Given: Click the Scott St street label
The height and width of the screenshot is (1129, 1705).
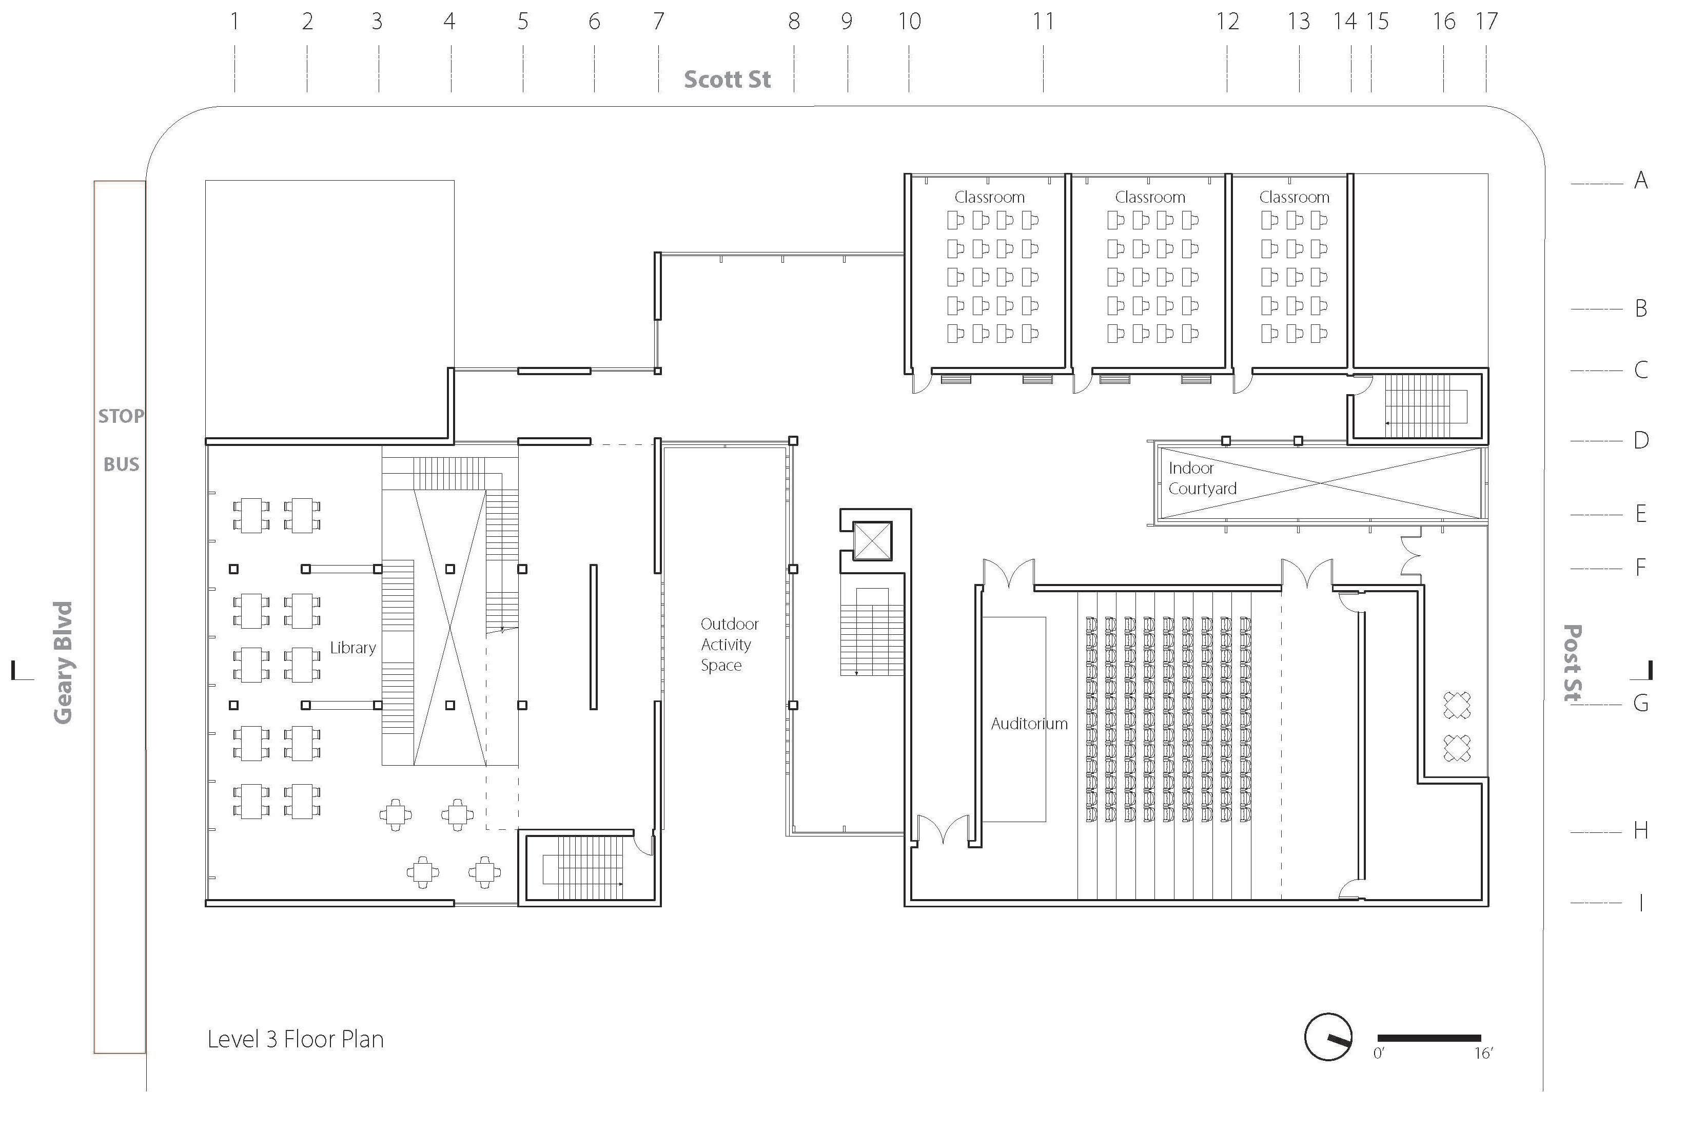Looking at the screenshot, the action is (727, 79).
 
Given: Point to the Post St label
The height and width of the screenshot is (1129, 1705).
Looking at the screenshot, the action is (1573, 663).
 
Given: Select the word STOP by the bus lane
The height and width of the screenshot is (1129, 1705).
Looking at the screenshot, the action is (121, 416).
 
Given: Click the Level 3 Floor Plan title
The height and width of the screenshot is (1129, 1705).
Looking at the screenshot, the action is (295, 1039).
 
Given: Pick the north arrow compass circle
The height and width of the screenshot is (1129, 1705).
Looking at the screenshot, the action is (1327, 1037).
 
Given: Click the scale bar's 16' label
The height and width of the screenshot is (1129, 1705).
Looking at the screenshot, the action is (1483, 1054).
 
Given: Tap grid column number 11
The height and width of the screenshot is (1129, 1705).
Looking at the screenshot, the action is (1043, 22).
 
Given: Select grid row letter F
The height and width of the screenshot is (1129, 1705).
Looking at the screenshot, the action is (1640, 568).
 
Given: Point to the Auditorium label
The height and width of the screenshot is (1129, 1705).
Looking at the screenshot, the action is (1029, 724).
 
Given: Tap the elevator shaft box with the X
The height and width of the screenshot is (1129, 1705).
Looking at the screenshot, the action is (872, 541).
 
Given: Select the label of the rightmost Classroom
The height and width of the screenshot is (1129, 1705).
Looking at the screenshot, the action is (1294, 197).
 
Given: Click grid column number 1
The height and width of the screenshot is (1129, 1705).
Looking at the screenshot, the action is (234, 22).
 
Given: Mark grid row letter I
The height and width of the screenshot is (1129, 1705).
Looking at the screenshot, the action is (1640, 902).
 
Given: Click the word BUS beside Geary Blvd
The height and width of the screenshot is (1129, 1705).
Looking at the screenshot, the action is (121, 464).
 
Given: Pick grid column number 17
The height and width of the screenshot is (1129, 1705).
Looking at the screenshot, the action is (1486, 22).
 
